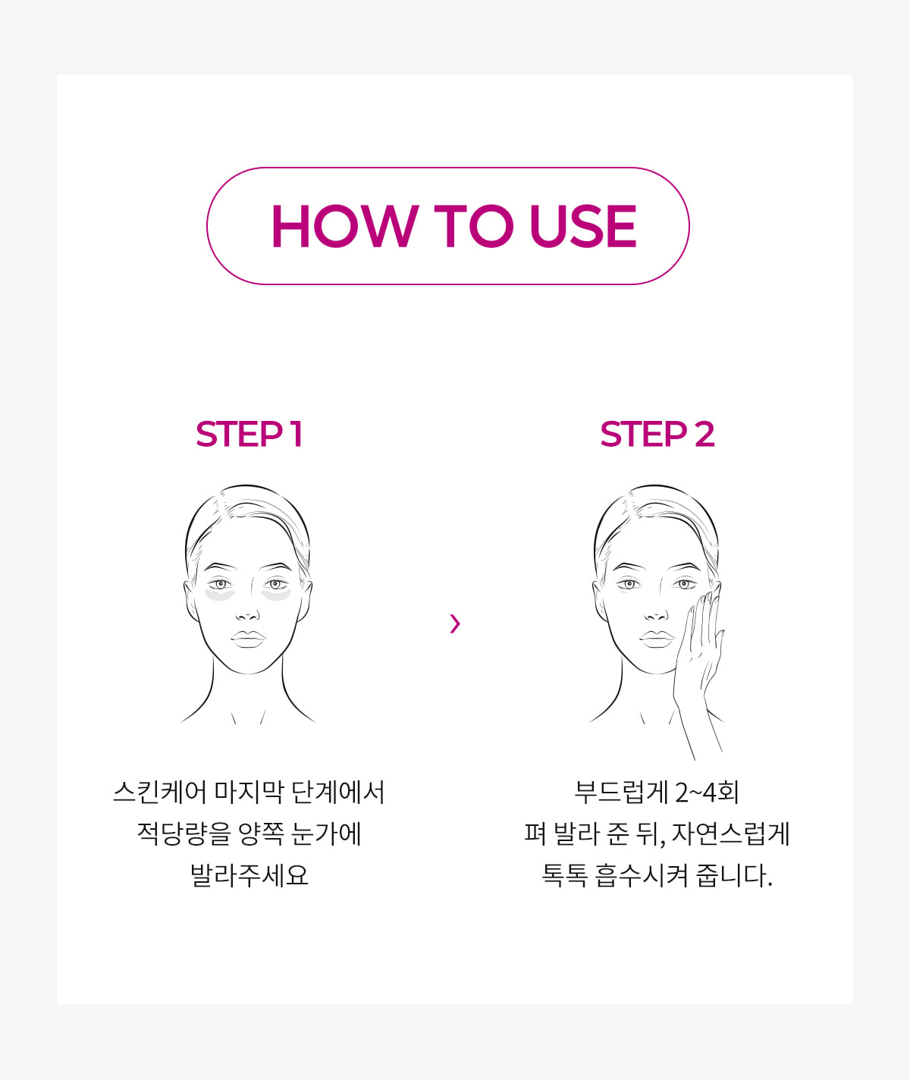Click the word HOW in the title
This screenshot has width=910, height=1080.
point(344,225)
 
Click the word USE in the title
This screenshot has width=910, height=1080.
point(583,225)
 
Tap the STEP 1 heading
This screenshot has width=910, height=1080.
point(249,434)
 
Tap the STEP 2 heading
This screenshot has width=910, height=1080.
point(657,434)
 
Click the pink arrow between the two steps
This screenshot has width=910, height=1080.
point(455,623)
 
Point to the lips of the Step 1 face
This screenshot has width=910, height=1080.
point(248,639)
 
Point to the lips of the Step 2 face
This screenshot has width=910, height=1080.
point(657,639)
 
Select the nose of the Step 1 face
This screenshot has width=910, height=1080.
point(248,616)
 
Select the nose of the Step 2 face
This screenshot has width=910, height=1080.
point(656,616)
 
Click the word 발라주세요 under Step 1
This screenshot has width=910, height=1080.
point(249,875)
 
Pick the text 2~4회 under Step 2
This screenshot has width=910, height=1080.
point(708,792)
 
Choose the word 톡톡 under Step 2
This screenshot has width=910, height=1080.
point(564,875)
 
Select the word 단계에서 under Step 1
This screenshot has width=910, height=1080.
point(337,792)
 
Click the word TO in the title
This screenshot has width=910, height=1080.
point(473,225)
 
